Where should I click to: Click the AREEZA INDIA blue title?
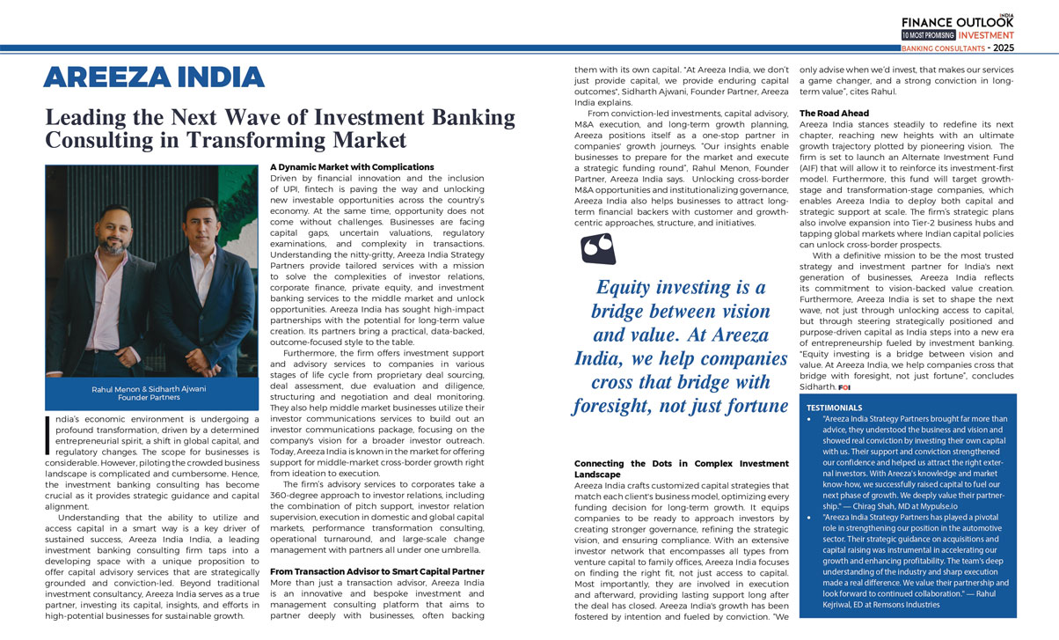[154, 77]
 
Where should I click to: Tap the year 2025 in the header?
[1028, 48]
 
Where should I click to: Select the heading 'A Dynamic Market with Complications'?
[340, 166]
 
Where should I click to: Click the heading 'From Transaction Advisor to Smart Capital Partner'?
[376, 571]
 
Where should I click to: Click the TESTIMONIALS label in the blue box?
[835, 408]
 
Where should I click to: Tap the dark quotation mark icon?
[598, 248]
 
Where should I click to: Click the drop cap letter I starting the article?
[49, 436]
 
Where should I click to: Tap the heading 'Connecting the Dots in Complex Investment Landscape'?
[681, 468]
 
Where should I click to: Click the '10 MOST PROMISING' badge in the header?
[928, 35]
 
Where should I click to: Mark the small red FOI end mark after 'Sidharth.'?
[844, 387]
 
